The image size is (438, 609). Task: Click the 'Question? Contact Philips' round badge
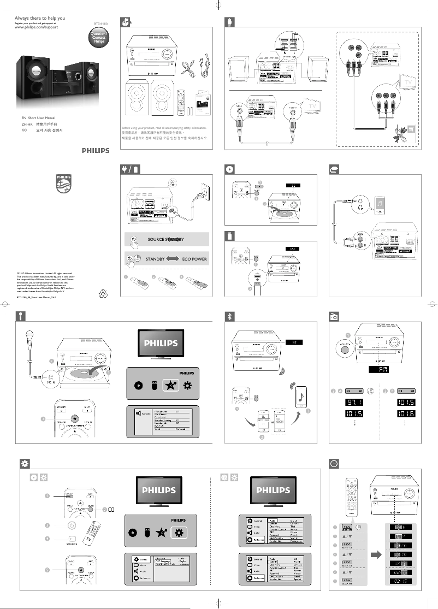(x=98, y=37)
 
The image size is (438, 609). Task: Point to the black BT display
(x=293, y=342)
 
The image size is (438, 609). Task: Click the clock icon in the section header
(x=334, y=463)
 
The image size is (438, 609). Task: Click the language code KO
(x=17, y=131)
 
